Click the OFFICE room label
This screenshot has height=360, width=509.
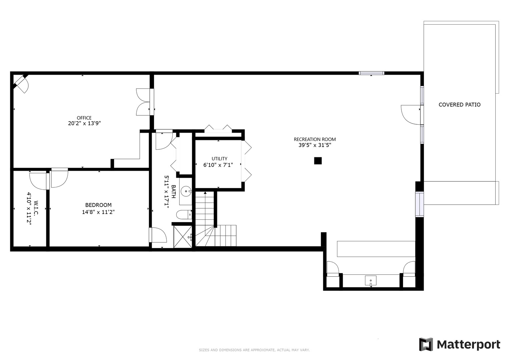point(84,118)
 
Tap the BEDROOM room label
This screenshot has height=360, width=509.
point(98,205)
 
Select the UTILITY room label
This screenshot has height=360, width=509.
point(219,159)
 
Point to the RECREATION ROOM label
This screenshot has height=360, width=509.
point(315,139)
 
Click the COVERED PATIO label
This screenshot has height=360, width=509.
point(459,105)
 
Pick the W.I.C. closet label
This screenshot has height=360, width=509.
point(36,208)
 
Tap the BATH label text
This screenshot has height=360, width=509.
point(173,191)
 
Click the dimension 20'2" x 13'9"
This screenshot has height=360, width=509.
point(84,123)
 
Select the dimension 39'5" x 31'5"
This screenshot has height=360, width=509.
point(315,145)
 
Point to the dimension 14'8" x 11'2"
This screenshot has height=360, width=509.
point(98,212)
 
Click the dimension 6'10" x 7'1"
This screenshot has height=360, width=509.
point(218,165)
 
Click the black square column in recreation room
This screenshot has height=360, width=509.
point(318,161)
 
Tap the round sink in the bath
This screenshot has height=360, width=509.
point(186,191)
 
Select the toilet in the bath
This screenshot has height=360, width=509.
point(184,215)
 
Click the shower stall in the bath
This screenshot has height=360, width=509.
point(183,237)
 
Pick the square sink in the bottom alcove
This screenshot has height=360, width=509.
point(371,280)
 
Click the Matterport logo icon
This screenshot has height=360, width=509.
point(426,344)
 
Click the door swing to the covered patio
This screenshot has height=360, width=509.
point(411,115)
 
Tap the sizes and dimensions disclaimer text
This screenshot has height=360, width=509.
point(254,350)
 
